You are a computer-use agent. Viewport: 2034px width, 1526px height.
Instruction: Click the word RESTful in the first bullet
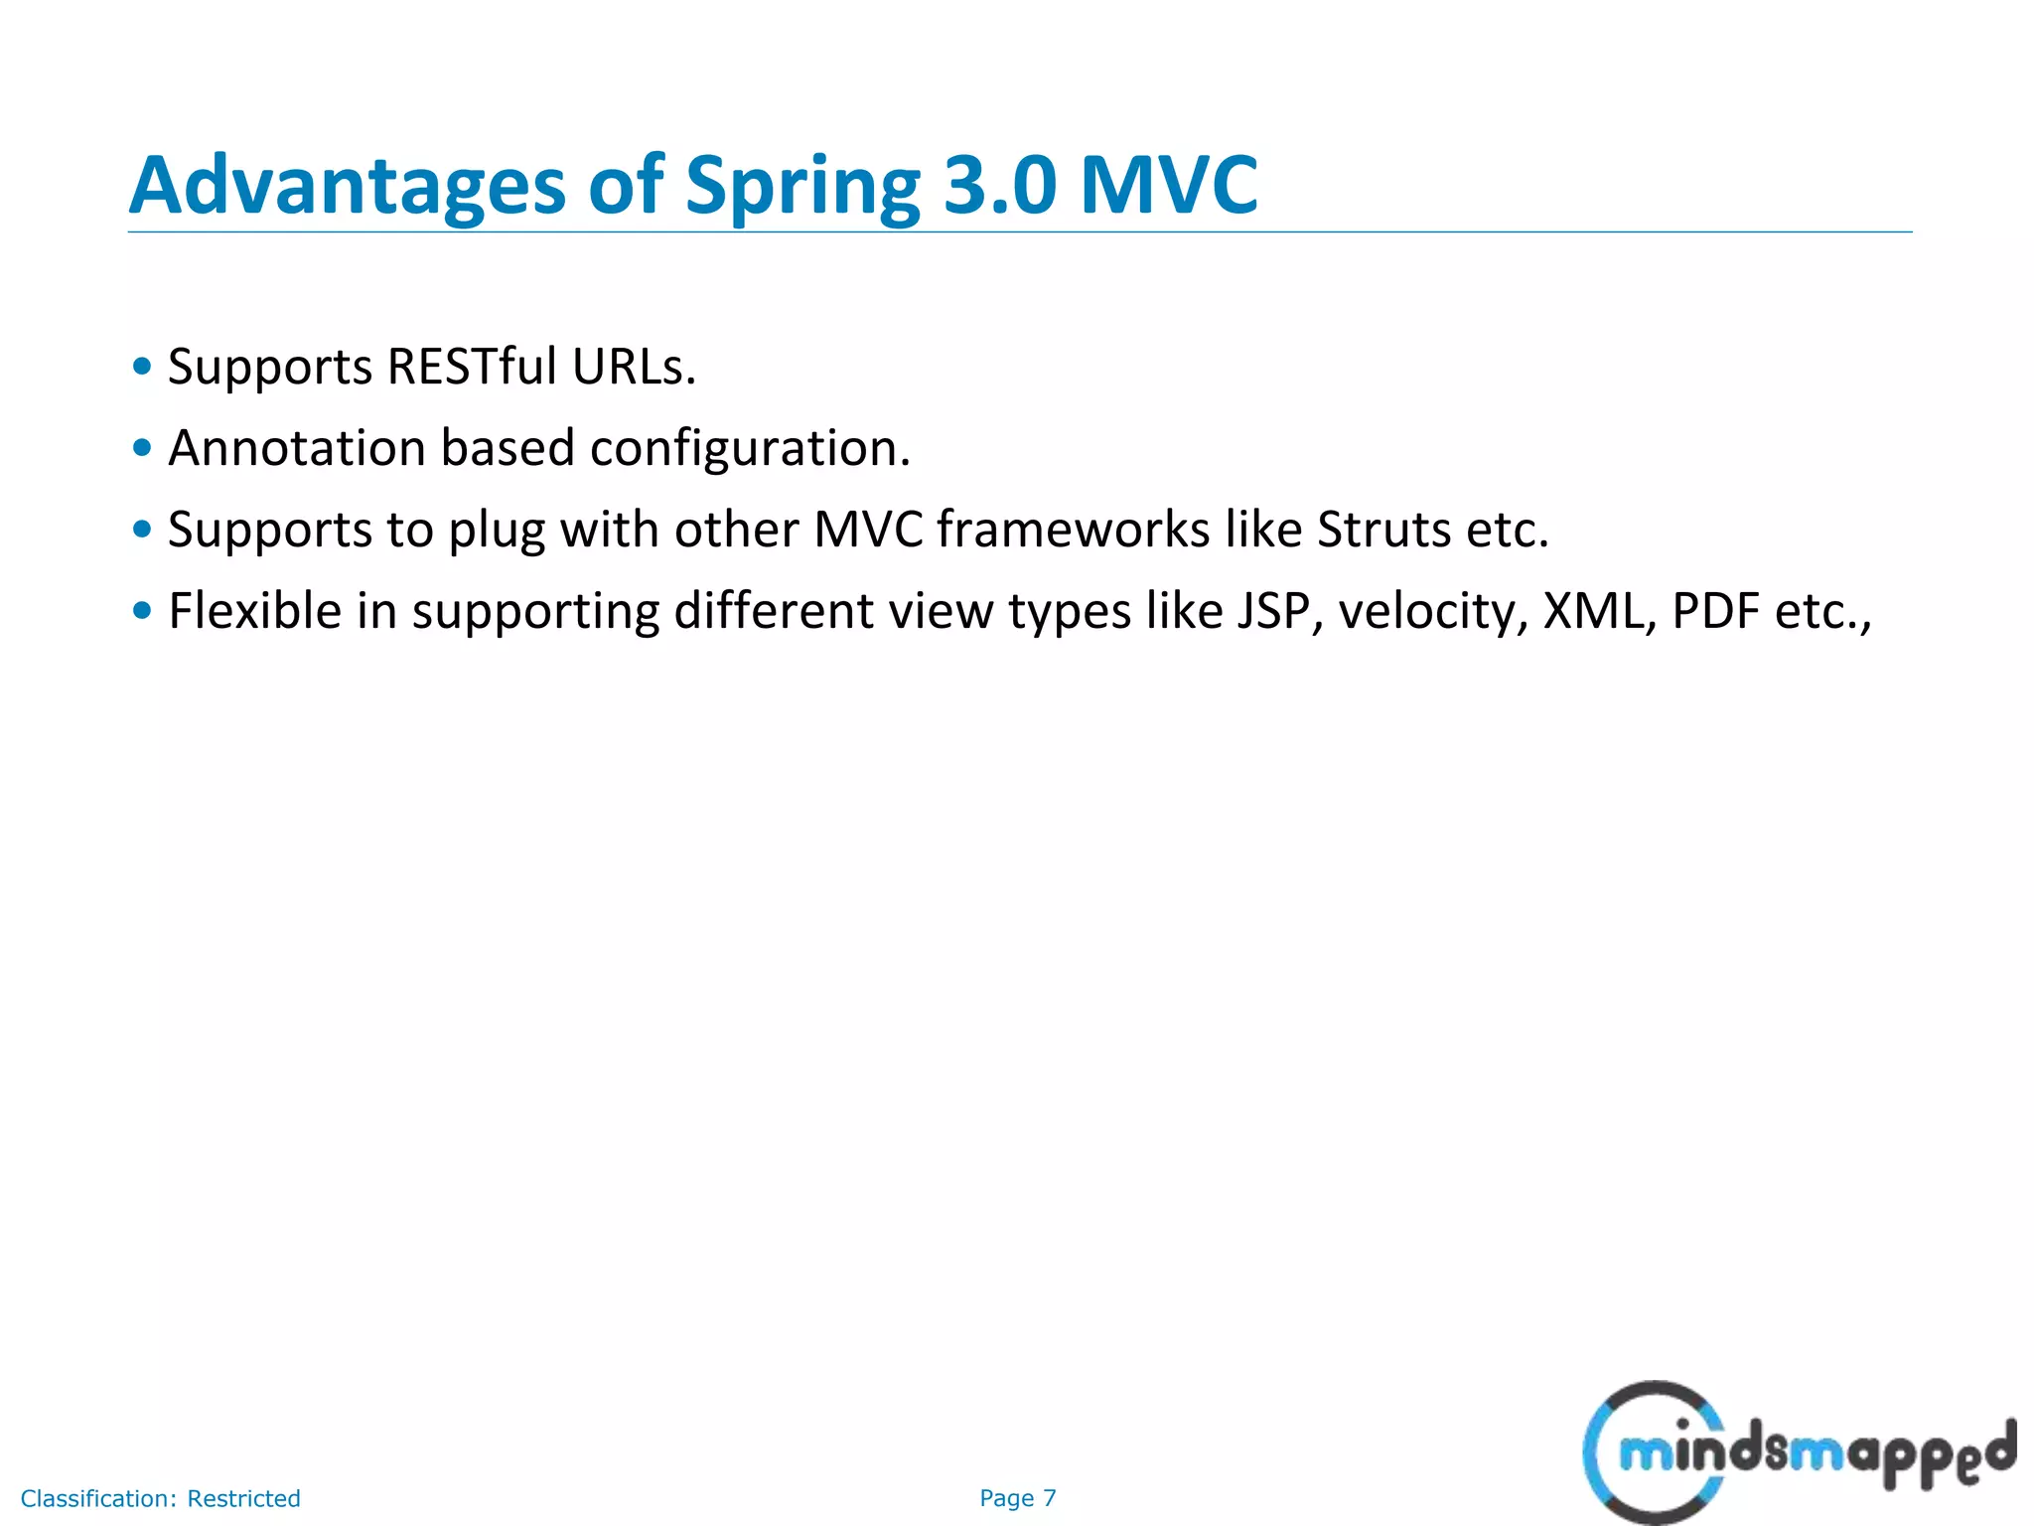click(x=472, y=367)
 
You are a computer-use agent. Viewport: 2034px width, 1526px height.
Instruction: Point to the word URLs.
click(x=634, y=367)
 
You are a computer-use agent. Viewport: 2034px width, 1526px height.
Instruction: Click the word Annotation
click(x=297, y=448)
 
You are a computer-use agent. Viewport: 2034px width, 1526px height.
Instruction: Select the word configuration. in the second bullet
click(x=750, y=448)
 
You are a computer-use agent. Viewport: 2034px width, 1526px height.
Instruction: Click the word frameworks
click(x=1073, y=530)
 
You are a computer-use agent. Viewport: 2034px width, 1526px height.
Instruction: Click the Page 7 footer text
click(x=1017, y=1498)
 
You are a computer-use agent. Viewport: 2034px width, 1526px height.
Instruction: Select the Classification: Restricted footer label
click(x=160, y=1498)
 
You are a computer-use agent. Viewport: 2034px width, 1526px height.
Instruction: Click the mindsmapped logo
click(x=1798, y=1452)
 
